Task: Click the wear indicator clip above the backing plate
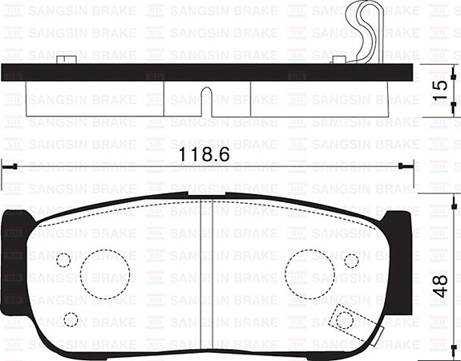363,32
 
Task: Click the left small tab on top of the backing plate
67,59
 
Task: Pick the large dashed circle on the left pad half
105,273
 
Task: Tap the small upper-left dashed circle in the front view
63,260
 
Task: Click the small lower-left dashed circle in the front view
71,319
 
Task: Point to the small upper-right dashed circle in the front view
351,260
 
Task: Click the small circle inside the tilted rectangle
345,319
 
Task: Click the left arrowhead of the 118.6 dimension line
6,166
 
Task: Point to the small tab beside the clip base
338,59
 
